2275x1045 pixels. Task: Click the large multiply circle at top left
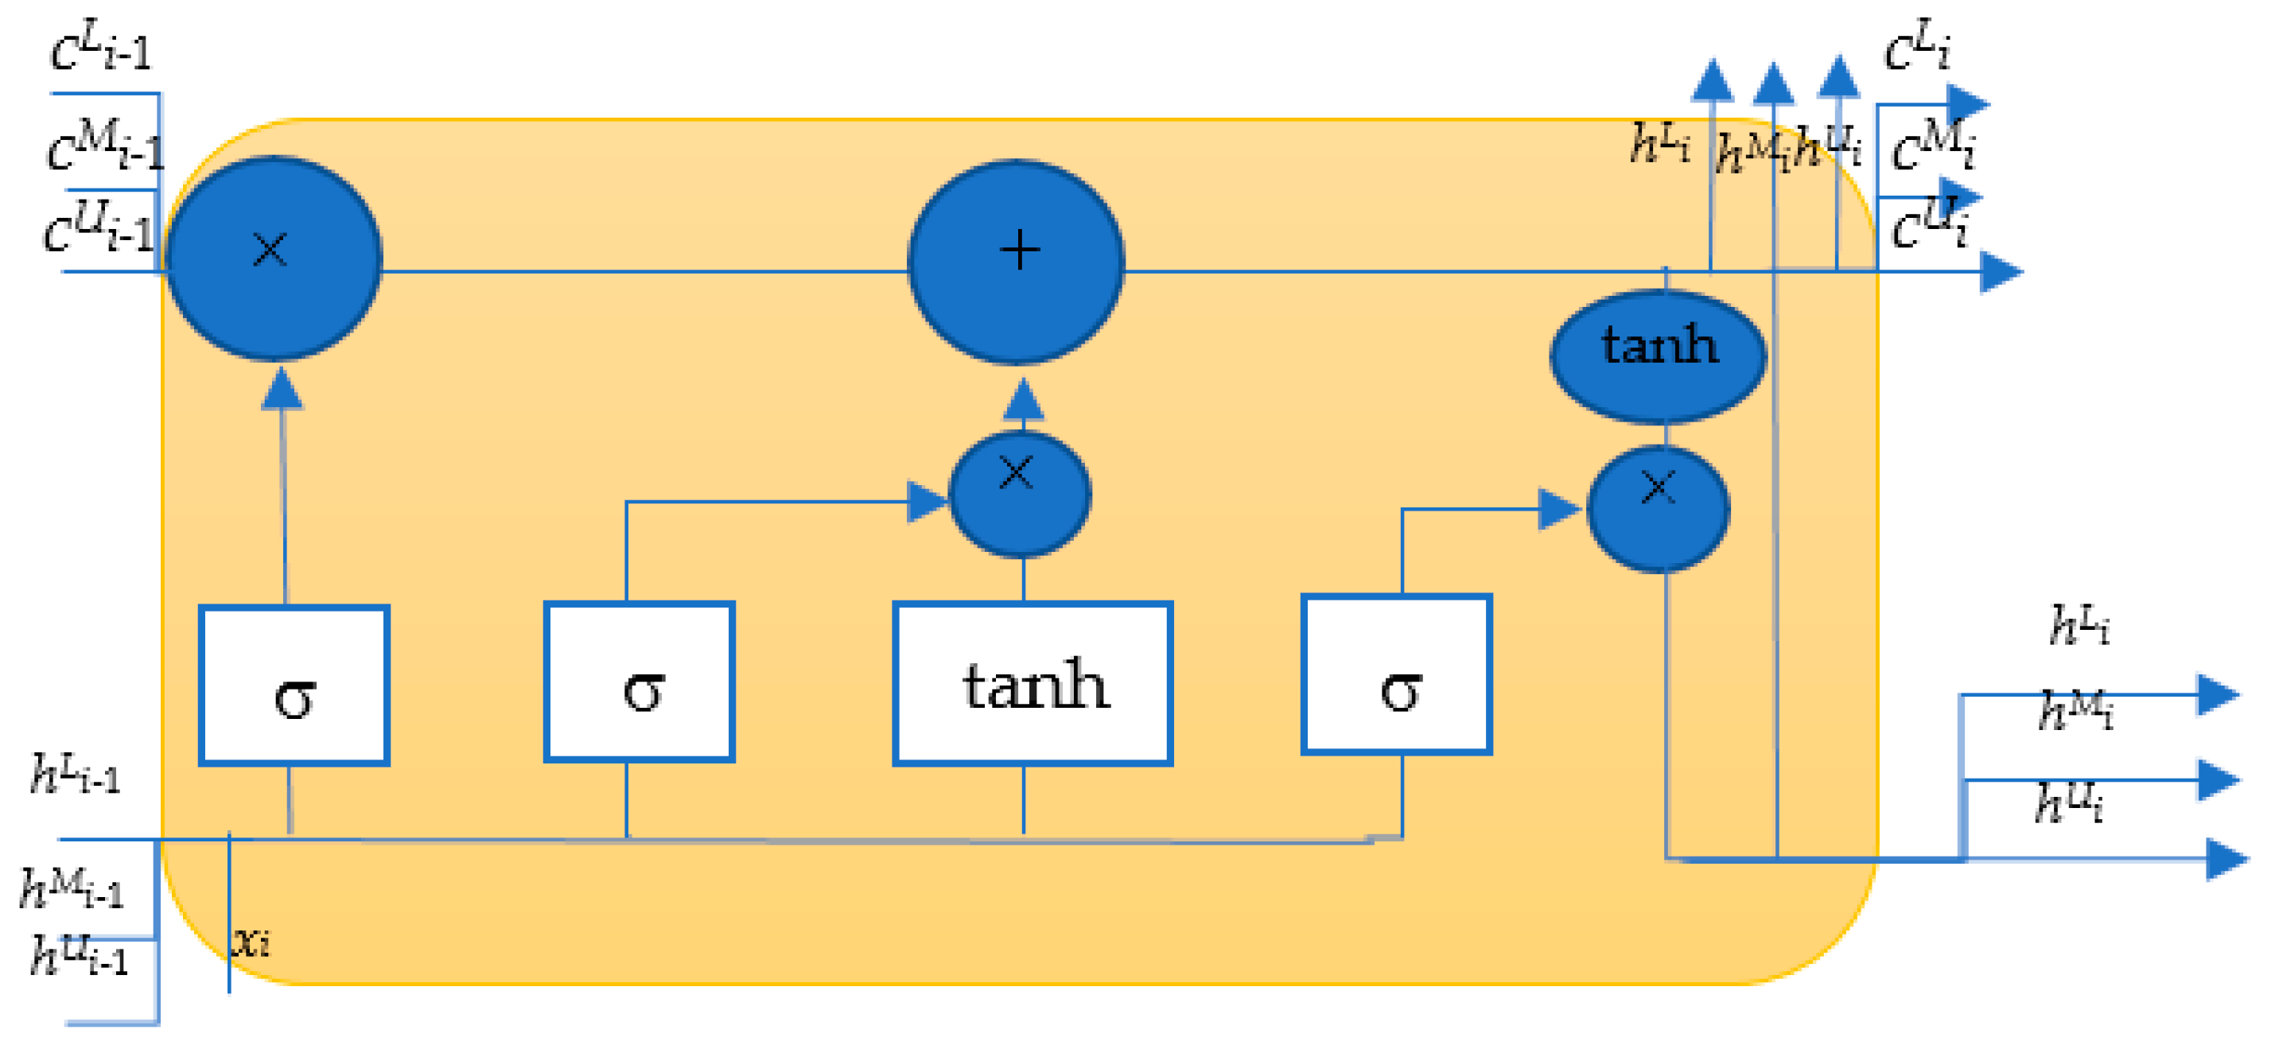[273, 258]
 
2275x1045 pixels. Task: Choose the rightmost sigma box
[1396, 674]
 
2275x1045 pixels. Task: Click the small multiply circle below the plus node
[1019, 493]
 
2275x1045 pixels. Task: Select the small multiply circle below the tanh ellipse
[1658, 508]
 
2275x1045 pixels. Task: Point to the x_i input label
[251, 942]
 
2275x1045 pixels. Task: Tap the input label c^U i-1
[99, 227]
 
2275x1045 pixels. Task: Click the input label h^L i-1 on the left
[74, 774]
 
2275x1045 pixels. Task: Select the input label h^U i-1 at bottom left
[80, 955]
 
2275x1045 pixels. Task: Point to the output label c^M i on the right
[1931, 146]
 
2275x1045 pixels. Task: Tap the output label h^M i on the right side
[2075, 710]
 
